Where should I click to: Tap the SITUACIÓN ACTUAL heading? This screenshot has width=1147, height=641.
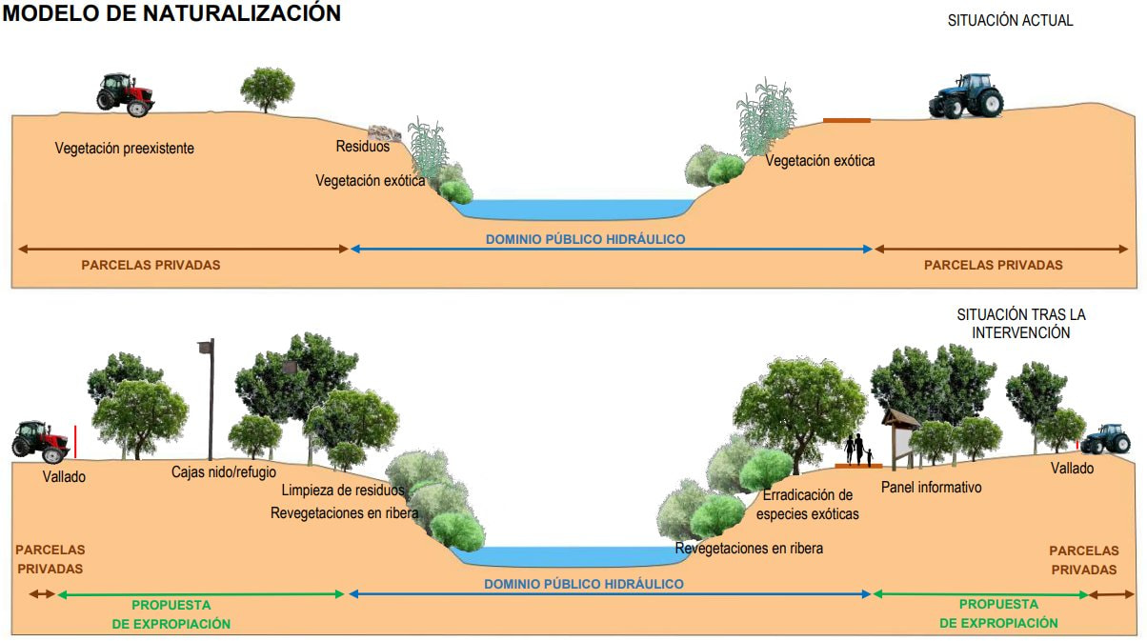1010,20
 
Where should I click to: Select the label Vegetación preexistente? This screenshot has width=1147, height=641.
124,149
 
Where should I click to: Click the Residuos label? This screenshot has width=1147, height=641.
362,147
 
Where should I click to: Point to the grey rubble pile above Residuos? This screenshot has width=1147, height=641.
384,132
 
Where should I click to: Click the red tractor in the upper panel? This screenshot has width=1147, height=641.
126,94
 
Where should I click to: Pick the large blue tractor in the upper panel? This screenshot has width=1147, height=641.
966,96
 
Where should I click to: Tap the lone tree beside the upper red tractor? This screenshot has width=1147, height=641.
267,89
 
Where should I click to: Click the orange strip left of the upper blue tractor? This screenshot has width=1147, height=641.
846,120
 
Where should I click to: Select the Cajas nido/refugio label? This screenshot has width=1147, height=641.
224,471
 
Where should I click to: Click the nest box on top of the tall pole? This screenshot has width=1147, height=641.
204,348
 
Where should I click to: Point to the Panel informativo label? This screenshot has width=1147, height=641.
931,488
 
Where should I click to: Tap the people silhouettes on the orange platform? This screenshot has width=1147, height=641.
858,449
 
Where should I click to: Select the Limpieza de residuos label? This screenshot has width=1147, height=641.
343,491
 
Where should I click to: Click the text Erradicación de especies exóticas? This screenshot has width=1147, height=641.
807,505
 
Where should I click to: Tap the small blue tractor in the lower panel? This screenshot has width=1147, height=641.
1104,439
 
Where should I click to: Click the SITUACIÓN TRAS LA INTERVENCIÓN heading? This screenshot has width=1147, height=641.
1020,323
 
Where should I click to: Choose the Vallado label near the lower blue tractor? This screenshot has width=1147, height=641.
1072,469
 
